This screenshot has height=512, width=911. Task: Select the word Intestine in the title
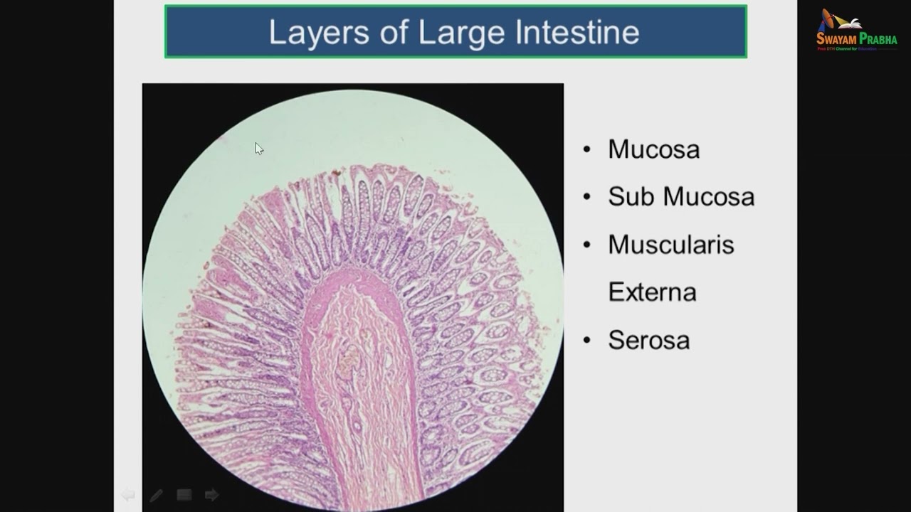[x=577, y=32]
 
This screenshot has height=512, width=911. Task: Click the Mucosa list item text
[x=653, y=149]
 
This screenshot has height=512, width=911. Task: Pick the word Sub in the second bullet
[x=631, y=197]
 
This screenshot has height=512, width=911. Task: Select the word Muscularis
[x=670, y=245]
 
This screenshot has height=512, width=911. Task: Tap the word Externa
[x=652, y=292]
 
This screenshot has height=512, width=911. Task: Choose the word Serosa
[x=648, y=340]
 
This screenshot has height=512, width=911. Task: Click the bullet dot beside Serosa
[x=586, y=340]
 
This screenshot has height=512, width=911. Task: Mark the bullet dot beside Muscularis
[x=586, y=245]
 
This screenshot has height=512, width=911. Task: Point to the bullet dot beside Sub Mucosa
[x=586, y=197]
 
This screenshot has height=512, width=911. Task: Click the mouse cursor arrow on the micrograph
[x=258, y=148]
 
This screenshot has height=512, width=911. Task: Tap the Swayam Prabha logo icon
[x=829, y=21]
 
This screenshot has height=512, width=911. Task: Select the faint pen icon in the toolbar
[x=156, y=495]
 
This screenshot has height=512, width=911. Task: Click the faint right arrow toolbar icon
[x=211, y=494]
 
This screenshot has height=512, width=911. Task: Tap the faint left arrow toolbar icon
[x=128, y=494]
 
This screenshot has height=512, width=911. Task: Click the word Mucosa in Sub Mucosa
[x=708, y=197]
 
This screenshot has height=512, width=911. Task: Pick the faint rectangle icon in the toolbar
[x=184, y=495]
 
